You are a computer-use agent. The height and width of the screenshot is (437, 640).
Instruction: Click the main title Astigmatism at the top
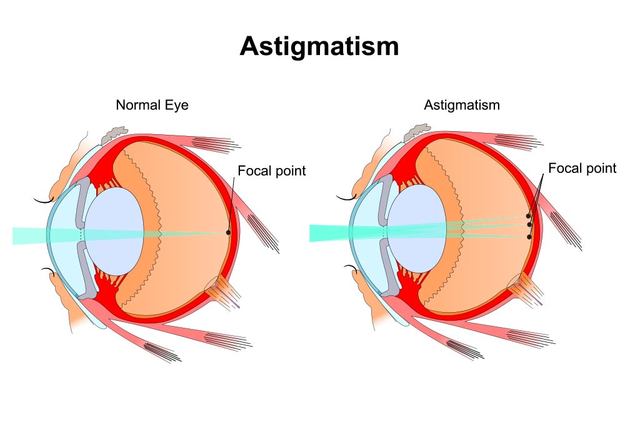point(319,47)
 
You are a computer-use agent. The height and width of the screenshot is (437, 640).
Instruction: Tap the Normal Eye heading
point(152,105)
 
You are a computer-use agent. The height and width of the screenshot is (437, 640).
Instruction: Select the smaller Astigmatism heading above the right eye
point(462,105)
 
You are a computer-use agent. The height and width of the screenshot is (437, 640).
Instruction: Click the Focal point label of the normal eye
point(271,171)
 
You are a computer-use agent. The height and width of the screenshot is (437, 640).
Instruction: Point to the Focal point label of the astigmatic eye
point(582,168)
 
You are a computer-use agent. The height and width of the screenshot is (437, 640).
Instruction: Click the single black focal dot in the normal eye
point(228,232)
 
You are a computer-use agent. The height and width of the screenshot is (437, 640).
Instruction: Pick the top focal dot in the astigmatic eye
point(528,216)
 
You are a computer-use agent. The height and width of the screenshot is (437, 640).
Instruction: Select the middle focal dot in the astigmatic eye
point(529,225)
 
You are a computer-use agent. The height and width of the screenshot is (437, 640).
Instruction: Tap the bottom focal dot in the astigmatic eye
point(529,237)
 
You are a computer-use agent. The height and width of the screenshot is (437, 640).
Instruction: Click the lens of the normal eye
point(115,231)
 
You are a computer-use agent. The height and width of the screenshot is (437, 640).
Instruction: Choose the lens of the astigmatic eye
point(416,228)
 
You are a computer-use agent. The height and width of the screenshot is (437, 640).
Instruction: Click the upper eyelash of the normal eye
point(44,200)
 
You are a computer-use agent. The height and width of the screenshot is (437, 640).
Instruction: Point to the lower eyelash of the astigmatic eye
point(351,269)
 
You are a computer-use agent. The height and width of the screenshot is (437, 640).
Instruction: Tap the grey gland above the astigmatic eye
point(417,132)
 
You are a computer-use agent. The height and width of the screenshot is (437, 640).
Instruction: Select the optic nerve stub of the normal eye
point(223,291)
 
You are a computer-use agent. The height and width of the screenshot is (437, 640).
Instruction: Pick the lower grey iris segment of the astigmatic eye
point(387,267)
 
